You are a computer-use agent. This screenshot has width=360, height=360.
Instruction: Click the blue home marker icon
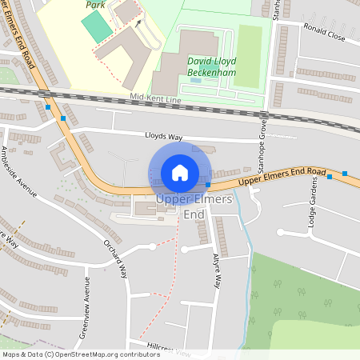tap(180, 172)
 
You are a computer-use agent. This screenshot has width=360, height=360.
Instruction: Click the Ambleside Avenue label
tap(19, 172)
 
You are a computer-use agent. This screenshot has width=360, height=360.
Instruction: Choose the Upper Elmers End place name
tap(194, 206)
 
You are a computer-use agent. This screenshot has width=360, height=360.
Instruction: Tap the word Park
tap(97, 4)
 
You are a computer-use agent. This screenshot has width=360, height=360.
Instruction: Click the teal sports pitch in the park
tap(96, 27)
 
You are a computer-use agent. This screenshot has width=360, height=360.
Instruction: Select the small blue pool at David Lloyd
tap(197, 79)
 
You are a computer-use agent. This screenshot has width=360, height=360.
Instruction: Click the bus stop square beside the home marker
tap(208, 184)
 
